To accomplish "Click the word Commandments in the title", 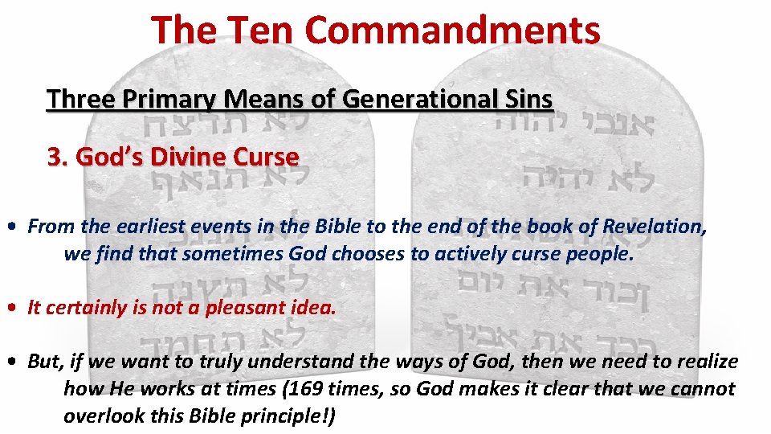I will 452,30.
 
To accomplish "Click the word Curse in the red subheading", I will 267,157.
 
